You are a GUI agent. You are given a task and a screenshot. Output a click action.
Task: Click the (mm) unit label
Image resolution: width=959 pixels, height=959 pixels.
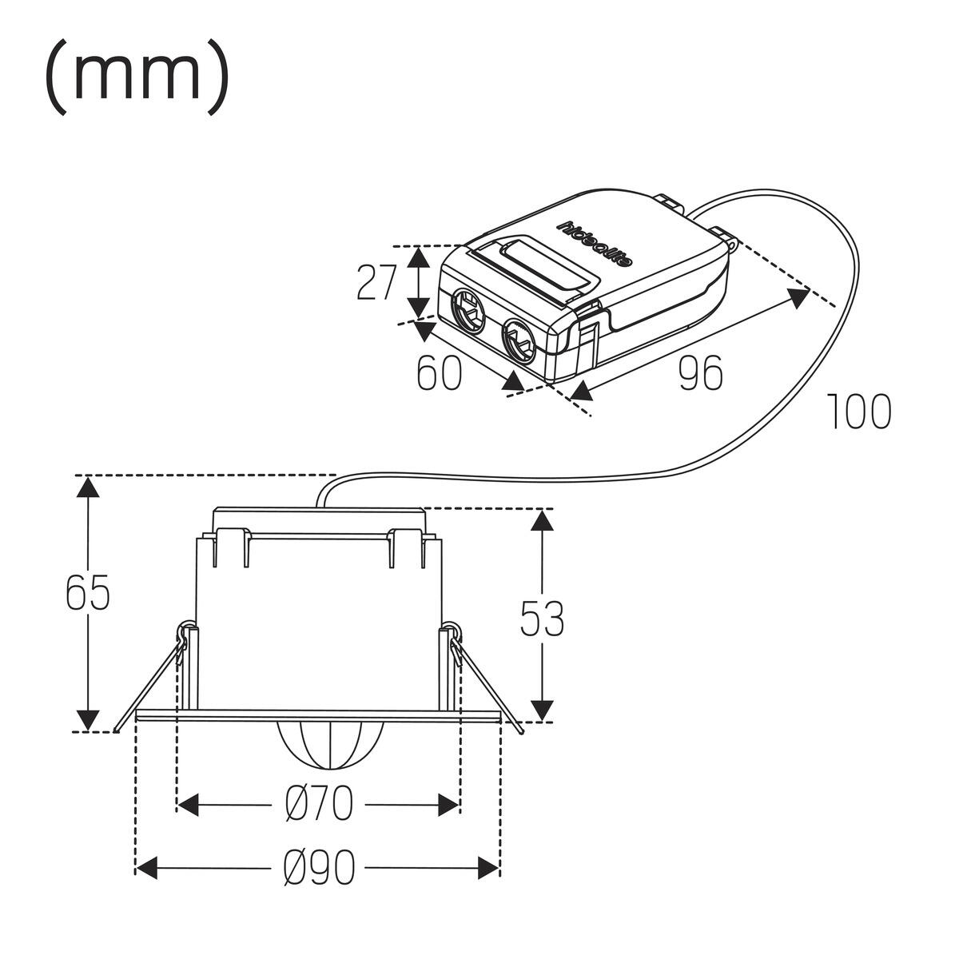[x=137, y=78]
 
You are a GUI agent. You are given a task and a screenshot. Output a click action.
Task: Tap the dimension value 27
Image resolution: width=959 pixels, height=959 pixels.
[x=377, y=282]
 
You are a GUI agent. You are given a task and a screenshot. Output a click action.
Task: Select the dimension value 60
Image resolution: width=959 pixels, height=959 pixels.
[x=439, y=372]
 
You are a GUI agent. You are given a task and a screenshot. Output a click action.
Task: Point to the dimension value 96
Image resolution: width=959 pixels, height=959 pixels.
[x=700, y=372]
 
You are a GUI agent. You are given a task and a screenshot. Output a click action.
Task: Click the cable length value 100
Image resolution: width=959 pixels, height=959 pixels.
[x=859, y=411]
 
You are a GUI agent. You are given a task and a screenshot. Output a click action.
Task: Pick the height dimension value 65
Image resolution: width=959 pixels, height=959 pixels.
[x=88, y=592]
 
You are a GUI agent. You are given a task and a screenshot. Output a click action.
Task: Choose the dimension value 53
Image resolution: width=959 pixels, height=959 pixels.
[x=542, y=619]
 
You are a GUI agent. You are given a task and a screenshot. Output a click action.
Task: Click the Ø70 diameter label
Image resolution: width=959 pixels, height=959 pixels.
[x=319, y=805]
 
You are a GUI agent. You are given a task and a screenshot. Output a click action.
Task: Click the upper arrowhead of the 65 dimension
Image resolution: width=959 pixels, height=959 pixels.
[x=88, y=487]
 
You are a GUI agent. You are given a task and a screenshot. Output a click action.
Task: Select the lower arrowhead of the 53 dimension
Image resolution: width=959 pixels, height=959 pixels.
[x=542, y=710]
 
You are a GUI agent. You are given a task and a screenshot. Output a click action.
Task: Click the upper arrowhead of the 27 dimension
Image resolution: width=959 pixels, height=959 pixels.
[x=419, y=257]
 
